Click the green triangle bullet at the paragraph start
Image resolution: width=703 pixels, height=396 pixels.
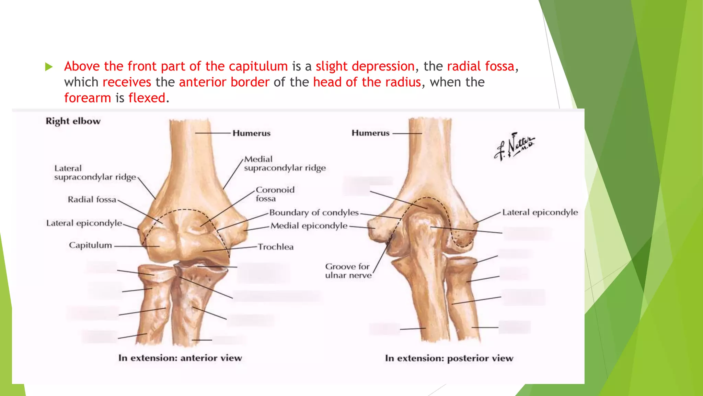click(x=49, y=67)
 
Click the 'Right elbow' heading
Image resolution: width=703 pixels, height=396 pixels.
click(x=73, y=121)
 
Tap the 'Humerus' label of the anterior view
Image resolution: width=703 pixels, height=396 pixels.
click(x=251, y=133)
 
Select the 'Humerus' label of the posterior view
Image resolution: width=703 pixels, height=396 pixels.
click(x=370, y=133)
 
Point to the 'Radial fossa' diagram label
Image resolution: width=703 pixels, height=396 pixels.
click(x=92, y=200)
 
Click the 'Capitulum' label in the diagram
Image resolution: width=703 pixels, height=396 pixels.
click(x=90, y=245)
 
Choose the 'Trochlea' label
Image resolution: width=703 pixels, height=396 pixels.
click(x=276, y=247)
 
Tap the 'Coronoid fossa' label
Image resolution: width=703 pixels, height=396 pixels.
click(x=275, y=194)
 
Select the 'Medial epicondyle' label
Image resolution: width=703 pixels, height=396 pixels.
click(x=309, y=226)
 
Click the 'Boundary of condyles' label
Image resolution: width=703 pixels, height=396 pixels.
click(x=314, y=213)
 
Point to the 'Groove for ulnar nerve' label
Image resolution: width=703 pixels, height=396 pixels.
click(x=348, y=271)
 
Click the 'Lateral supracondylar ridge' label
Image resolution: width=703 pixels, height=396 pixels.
click(x=95, y=173)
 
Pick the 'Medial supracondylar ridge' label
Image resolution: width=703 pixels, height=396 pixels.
click(x=285, y=164)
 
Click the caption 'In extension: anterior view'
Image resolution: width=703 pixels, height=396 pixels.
click(x=180, y=358)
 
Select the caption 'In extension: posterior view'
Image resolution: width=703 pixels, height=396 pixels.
click(x=449, y=358)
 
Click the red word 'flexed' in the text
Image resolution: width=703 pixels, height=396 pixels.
click(x=147, y=98)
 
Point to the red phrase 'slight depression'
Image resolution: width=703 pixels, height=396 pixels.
click(x=365, y=66)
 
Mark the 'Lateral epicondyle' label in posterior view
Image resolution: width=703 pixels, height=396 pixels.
click(x=540, y=212)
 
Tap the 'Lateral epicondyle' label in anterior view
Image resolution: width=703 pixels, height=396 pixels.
click(x=84, y=223)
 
